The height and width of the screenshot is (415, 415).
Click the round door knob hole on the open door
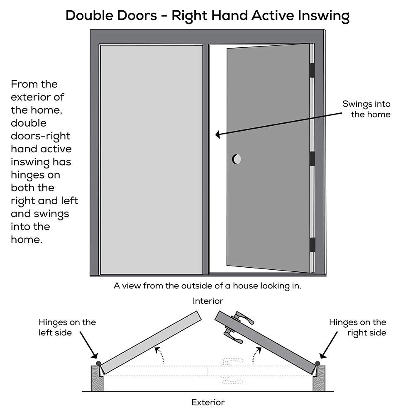point(237,159)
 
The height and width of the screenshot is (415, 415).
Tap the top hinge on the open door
point(312,70)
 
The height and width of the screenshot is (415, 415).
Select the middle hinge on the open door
point(312,159)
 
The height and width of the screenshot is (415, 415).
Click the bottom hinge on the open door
point(312,245)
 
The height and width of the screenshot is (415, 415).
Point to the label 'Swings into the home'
point(366,109)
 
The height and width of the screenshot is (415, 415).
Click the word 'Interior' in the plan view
point(208,301)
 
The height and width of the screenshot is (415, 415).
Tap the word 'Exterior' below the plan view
point(208,402)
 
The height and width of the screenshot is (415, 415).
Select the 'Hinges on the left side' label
point(67,327)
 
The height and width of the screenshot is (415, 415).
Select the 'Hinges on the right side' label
point(358,327)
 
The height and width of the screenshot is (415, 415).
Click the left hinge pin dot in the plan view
point(98,364)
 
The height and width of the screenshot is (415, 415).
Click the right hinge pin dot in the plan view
point(317,364)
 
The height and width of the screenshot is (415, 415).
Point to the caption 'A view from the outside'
point(207,286)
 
